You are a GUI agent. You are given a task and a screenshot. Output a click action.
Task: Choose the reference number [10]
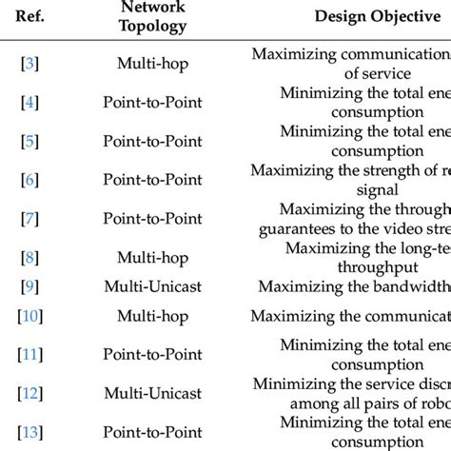click(x=30, y=342)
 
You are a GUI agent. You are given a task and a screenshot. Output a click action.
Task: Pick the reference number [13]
click(x=30, y=432)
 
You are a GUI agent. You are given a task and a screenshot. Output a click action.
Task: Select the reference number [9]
click(x=30, y=311)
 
